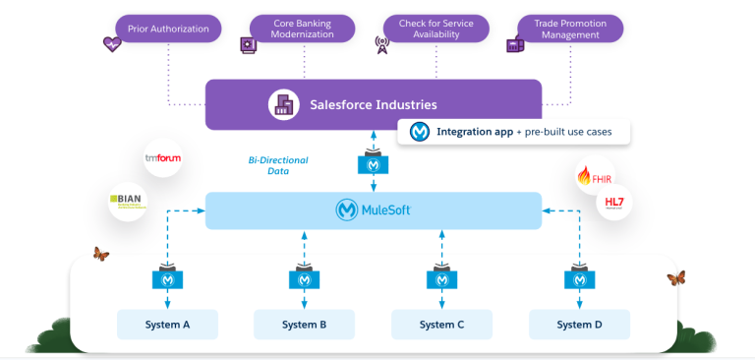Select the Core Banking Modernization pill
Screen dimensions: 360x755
303,29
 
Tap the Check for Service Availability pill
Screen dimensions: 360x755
436,29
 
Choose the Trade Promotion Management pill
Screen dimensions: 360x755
571,29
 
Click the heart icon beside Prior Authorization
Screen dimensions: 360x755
111,44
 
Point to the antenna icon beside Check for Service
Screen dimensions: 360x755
382,44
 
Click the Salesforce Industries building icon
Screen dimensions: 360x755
282,104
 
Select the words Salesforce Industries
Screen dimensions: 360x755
374,104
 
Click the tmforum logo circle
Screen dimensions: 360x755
162,157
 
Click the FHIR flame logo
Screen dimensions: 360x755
596,175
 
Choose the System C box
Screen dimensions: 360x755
441,324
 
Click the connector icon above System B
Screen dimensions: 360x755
305,278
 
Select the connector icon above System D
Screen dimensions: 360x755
579,278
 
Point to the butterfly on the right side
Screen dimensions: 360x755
675,278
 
